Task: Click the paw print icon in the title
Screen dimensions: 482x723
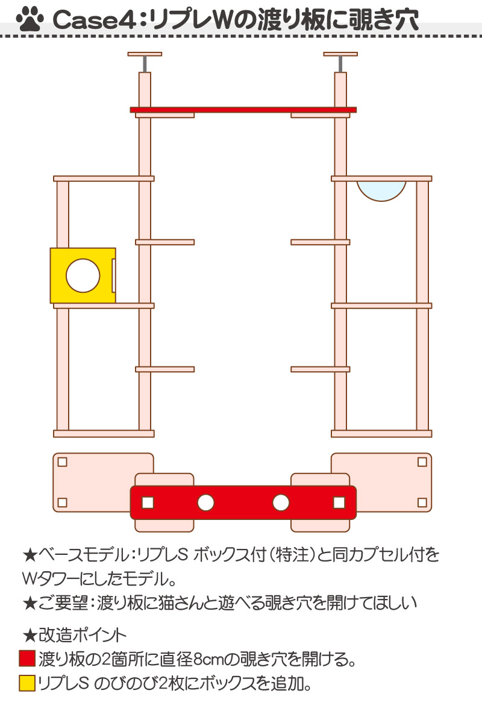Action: click(30, 19)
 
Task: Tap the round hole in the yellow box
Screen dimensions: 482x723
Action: click(83, 276)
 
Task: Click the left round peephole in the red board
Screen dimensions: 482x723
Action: click(205, 502)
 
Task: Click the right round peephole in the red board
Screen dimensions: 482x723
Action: click(281, 502)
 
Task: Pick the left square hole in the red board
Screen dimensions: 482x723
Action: click(148, 502)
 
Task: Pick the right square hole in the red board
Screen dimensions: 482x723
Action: click(339, 502)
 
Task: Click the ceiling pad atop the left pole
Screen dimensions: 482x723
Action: click(145, 54)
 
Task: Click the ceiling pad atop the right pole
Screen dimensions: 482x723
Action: click(340, 54)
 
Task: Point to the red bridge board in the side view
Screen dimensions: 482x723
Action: click(243, 110)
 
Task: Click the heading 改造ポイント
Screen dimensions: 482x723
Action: click(83, 635)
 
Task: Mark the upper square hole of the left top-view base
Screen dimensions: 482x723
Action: click(62, 462)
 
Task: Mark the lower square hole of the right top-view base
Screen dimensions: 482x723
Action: click(422, 502)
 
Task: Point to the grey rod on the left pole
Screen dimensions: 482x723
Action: click(145, 64)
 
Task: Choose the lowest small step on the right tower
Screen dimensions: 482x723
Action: click(321, 369)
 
